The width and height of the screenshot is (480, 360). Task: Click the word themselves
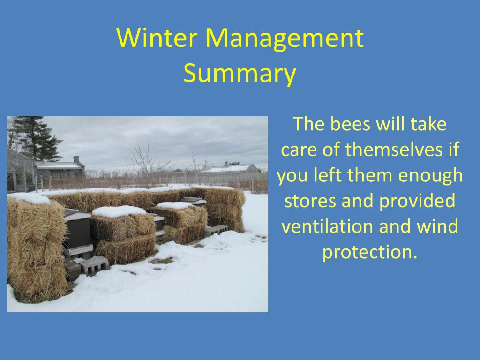coord(394,150)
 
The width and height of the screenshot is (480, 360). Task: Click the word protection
coord(370,253)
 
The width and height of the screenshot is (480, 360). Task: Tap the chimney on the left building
coord(76,160)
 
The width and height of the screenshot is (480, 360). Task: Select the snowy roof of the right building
coord(228,168)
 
